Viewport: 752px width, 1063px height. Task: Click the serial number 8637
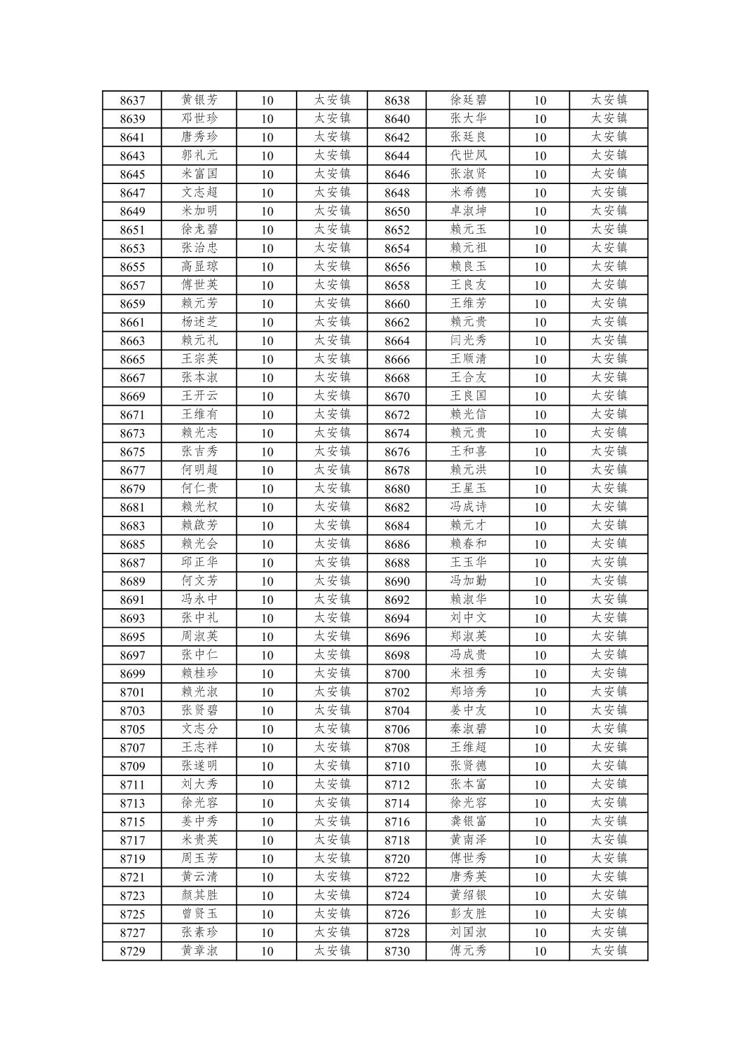tap(132, 100)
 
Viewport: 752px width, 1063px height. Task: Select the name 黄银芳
tap(199, 100)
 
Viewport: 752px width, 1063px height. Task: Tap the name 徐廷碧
tap(468, 100)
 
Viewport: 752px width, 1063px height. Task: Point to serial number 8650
tap(397, 211)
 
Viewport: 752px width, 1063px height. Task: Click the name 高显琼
tap(199, 267)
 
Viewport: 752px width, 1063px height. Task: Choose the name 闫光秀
tap(468, 341)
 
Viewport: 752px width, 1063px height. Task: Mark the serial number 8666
tap(397, 359)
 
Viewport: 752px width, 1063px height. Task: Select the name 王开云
tap(199, 396)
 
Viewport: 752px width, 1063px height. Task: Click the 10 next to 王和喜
tap(539, 452)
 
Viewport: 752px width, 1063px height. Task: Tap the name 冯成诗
tap(468, 507)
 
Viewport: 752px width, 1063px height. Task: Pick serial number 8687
tap(132, 563)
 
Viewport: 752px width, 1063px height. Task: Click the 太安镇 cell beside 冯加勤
tap(609, 581)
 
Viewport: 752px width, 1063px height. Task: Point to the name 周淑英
tap(199, 637)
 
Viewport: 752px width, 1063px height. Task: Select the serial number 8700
tap(397, 674)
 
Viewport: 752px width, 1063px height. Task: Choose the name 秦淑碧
tap(468, 729)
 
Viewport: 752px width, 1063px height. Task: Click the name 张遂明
tap(199, 766)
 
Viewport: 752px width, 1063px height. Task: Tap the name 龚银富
tap(468, 822)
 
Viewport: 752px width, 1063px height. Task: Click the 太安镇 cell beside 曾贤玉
tap(332, 914)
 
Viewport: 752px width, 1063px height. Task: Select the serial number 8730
tap(397, 951)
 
